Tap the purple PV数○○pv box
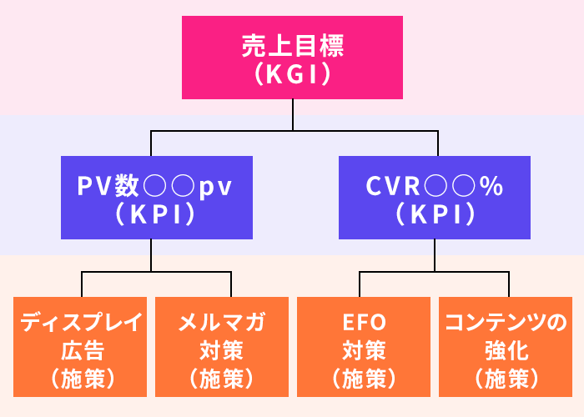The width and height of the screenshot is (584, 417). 151,198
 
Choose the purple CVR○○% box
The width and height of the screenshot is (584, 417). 434,198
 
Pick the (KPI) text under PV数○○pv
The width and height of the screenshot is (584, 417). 151,214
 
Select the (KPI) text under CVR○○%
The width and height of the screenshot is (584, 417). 434,214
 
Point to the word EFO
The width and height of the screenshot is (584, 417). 364,322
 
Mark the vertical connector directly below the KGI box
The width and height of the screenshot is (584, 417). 292,114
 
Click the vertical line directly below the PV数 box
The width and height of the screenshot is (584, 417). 151,254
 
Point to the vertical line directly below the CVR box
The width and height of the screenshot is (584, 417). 434,254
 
